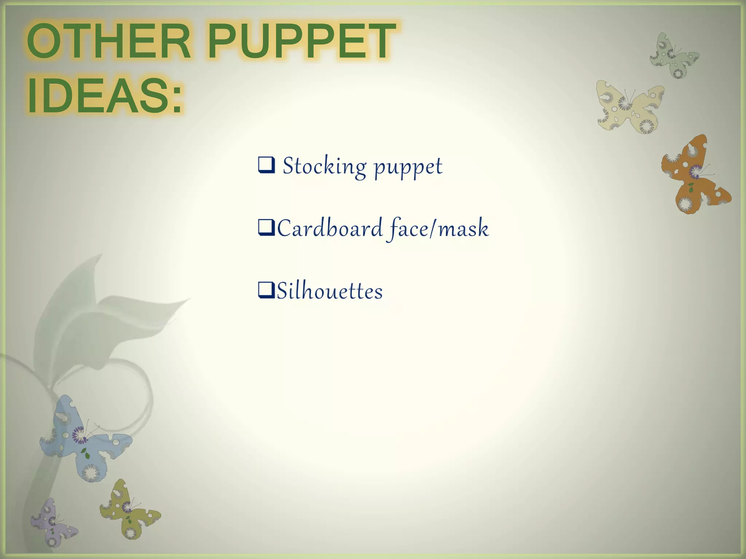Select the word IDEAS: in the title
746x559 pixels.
[x=105, y=96]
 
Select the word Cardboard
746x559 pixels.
[x=330, y=229]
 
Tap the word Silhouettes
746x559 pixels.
[x=330, y=291]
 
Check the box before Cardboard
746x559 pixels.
[x=266, y=227]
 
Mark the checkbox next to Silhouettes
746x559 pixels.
[x=266, y=290]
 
